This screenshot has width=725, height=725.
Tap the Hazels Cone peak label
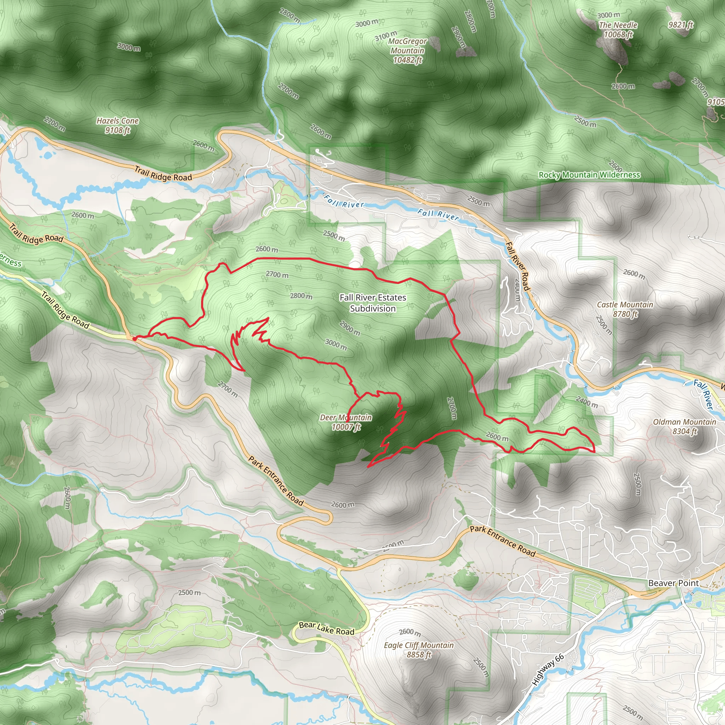pyautogui.click(x=118, y=125)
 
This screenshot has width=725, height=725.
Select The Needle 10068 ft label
pyautogui.click(x=618, y=30)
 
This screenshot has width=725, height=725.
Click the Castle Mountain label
pyautogui.click(x=625, y=309)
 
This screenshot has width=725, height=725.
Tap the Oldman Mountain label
pyautogui.click(x=685, y=426)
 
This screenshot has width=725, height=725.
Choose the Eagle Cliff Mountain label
pyautogui.click(x=418, y=650)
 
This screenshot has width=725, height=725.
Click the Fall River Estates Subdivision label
pyautogui.click(x=373, y=303)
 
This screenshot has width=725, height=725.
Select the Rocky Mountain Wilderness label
pyautogui.click(x=589, y=175)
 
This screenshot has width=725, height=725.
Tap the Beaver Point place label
pyautogui.click(x=674, y=583)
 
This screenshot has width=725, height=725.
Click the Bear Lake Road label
pyautogui.click(x=326, y=628)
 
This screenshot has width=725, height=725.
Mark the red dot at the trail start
pyautogui.click(x=134, y=339)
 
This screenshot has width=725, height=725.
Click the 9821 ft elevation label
pyautogui.click(x=681, y=25)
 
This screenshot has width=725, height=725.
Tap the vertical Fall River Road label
pyautogui.click(x=518, y=267)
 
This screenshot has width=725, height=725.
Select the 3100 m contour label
pyautogui.click(x=386, y=36)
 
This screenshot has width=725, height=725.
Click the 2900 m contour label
pyautogui.click(x=350, y=327)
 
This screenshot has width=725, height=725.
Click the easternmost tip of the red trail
pyautogui.click(x=594, y=451)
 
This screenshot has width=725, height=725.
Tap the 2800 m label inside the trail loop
pyautogui.click(x=301, y=296)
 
